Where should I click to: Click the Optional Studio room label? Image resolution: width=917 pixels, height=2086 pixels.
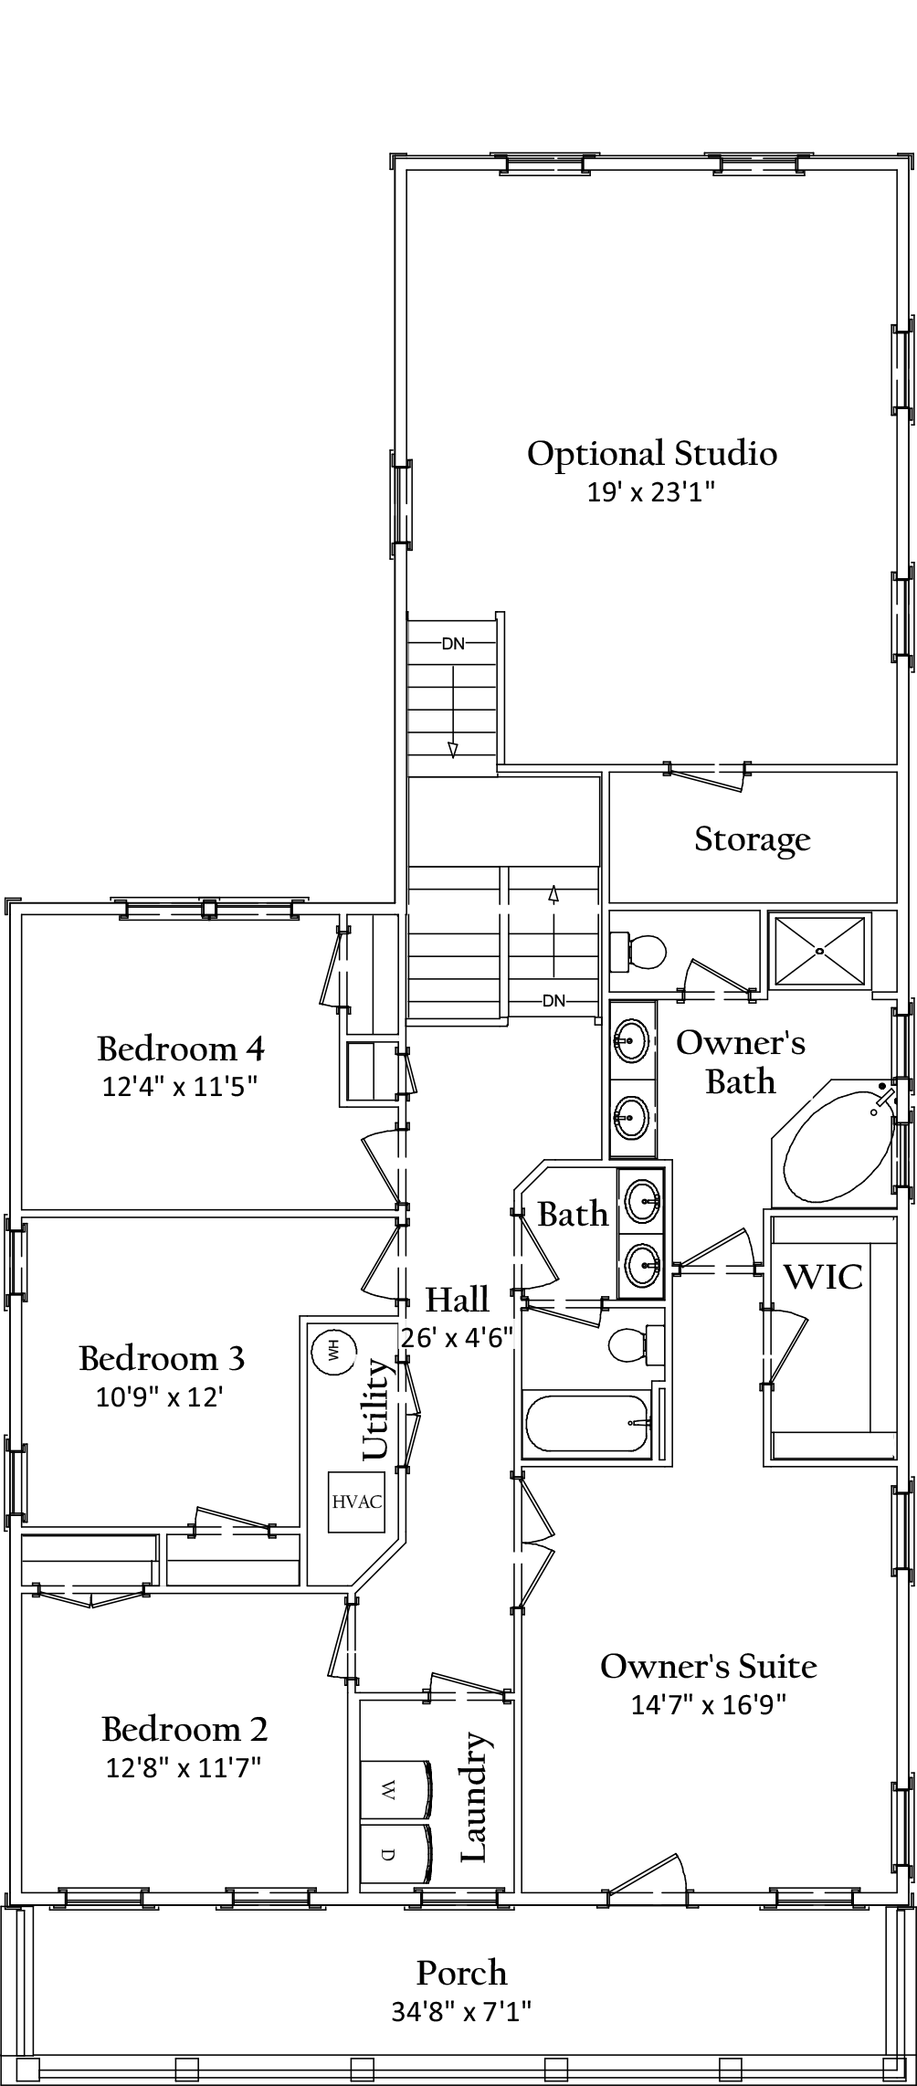pos(651,454)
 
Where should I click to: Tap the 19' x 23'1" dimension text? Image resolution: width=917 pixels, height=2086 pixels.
pos(649,493)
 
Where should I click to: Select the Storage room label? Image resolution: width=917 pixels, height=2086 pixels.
pos(752,838)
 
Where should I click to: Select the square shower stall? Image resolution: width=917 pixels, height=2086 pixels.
pos(819,951)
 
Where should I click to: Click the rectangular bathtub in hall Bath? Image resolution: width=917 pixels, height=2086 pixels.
pos(586,1424)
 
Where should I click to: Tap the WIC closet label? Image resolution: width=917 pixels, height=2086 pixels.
pos(823,1277)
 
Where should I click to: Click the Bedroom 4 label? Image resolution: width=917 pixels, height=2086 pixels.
pos(181,1048)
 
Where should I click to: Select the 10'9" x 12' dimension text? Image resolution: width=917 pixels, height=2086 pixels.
pos(160,1397)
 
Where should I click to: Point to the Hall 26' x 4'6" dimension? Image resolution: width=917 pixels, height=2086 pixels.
pos(457,1337)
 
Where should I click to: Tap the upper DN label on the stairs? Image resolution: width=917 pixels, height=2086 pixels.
pos(453,644)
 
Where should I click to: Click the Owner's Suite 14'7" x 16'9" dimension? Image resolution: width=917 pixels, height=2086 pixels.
pos(708,1704)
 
